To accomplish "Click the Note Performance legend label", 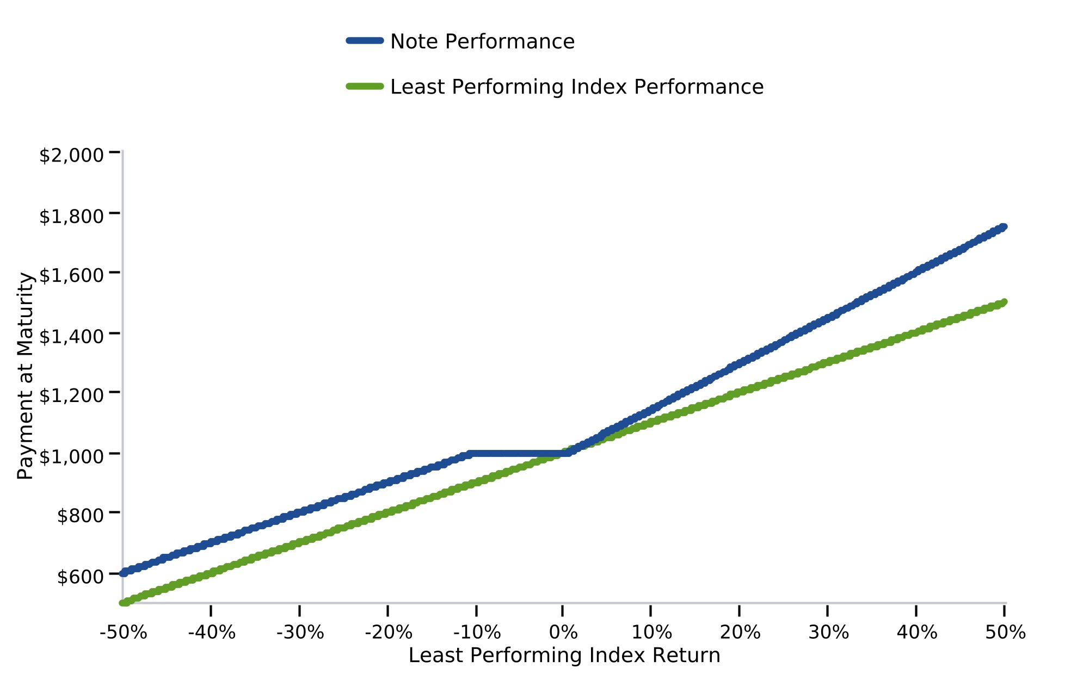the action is (x=482, y=42).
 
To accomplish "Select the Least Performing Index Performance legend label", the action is (x=577, y=87).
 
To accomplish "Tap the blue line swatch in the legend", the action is (x=365, y=41).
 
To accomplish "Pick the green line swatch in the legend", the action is (x=365, y=86).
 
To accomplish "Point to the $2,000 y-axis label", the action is (x=71, y=156).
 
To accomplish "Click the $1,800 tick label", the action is (x=71, y=217).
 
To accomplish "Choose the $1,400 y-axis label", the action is (x=71, y=337).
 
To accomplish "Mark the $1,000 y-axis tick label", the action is (x=71, y=456).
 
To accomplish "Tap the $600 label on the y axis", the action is (x=81, y=577).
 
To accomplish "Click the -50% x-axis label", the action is (x=124, y=633).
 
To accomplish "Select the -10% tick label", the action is (x=477, y=633).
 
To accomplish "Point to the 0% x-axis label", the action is (x=563, y=633).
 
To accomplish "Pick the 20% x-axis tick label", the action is (x=740, y=633).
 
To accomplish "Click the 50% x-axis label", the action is (x=1005, y=633).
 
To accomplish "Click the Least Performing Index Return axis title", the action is (x=564, y=656).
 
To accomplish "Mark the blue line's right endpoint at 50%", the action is (x=1004, y=227).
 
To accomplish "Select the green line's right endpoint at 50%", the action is (x=1004, y=302).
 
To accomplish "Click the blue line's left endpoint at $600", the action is (x=124, y=573).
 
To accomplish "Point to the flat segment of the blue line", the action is (x=519, y=454).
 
